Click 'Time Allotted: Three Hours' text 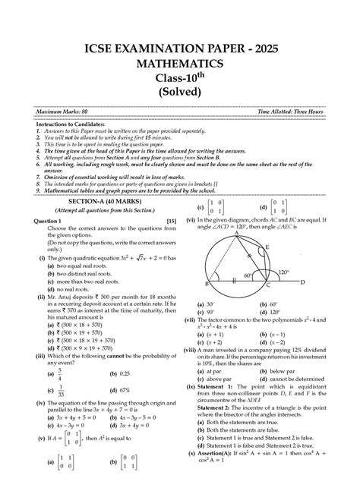point(291,112)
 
